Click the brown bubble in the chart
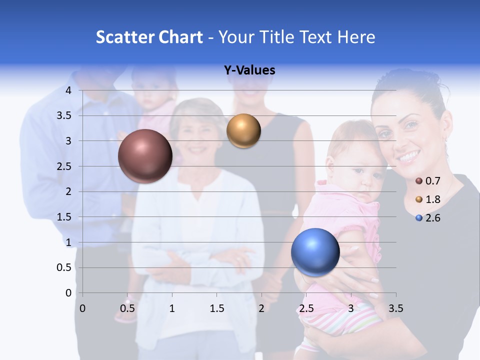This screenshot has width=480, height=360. pos(145,156)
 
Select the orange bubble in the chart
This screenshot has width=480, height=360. pos(243,131)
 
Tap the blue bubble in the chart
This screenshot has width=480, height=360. pos(315,252)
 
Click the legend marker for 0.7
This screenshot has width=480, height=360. pos(419,181)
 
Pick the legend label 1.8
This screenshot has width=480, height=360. pos(432,199)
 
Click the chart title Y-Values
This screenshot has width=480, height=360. pos(249,70)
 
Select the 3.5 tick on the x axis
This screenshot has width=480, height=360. pos(395,308)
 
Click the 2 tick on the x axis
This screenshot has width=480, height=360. pos(261,308)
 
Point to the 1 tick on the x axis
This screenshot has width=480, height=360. pos(172,308)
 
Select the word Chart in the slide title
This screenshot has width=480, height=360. pos(179,37)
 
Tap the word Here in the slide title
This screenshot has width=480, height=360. pos(355,37)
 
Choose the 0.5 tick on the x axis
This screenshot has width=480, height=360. pos(127,308)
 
